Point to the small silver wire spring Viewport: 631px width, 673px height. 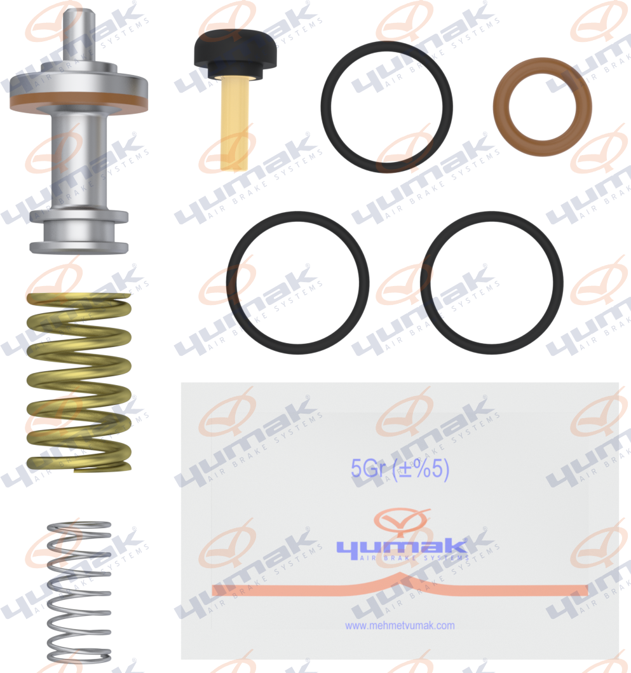[79, 591]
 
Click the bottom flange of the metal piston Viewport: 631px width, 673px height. [79, 247]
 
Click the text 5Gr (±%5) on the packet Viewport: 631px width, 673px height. [400, 470]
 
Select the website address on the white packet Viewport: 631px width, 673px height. [400, 625]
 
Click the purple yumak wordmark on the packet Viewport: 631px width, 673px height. [400, 547]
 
